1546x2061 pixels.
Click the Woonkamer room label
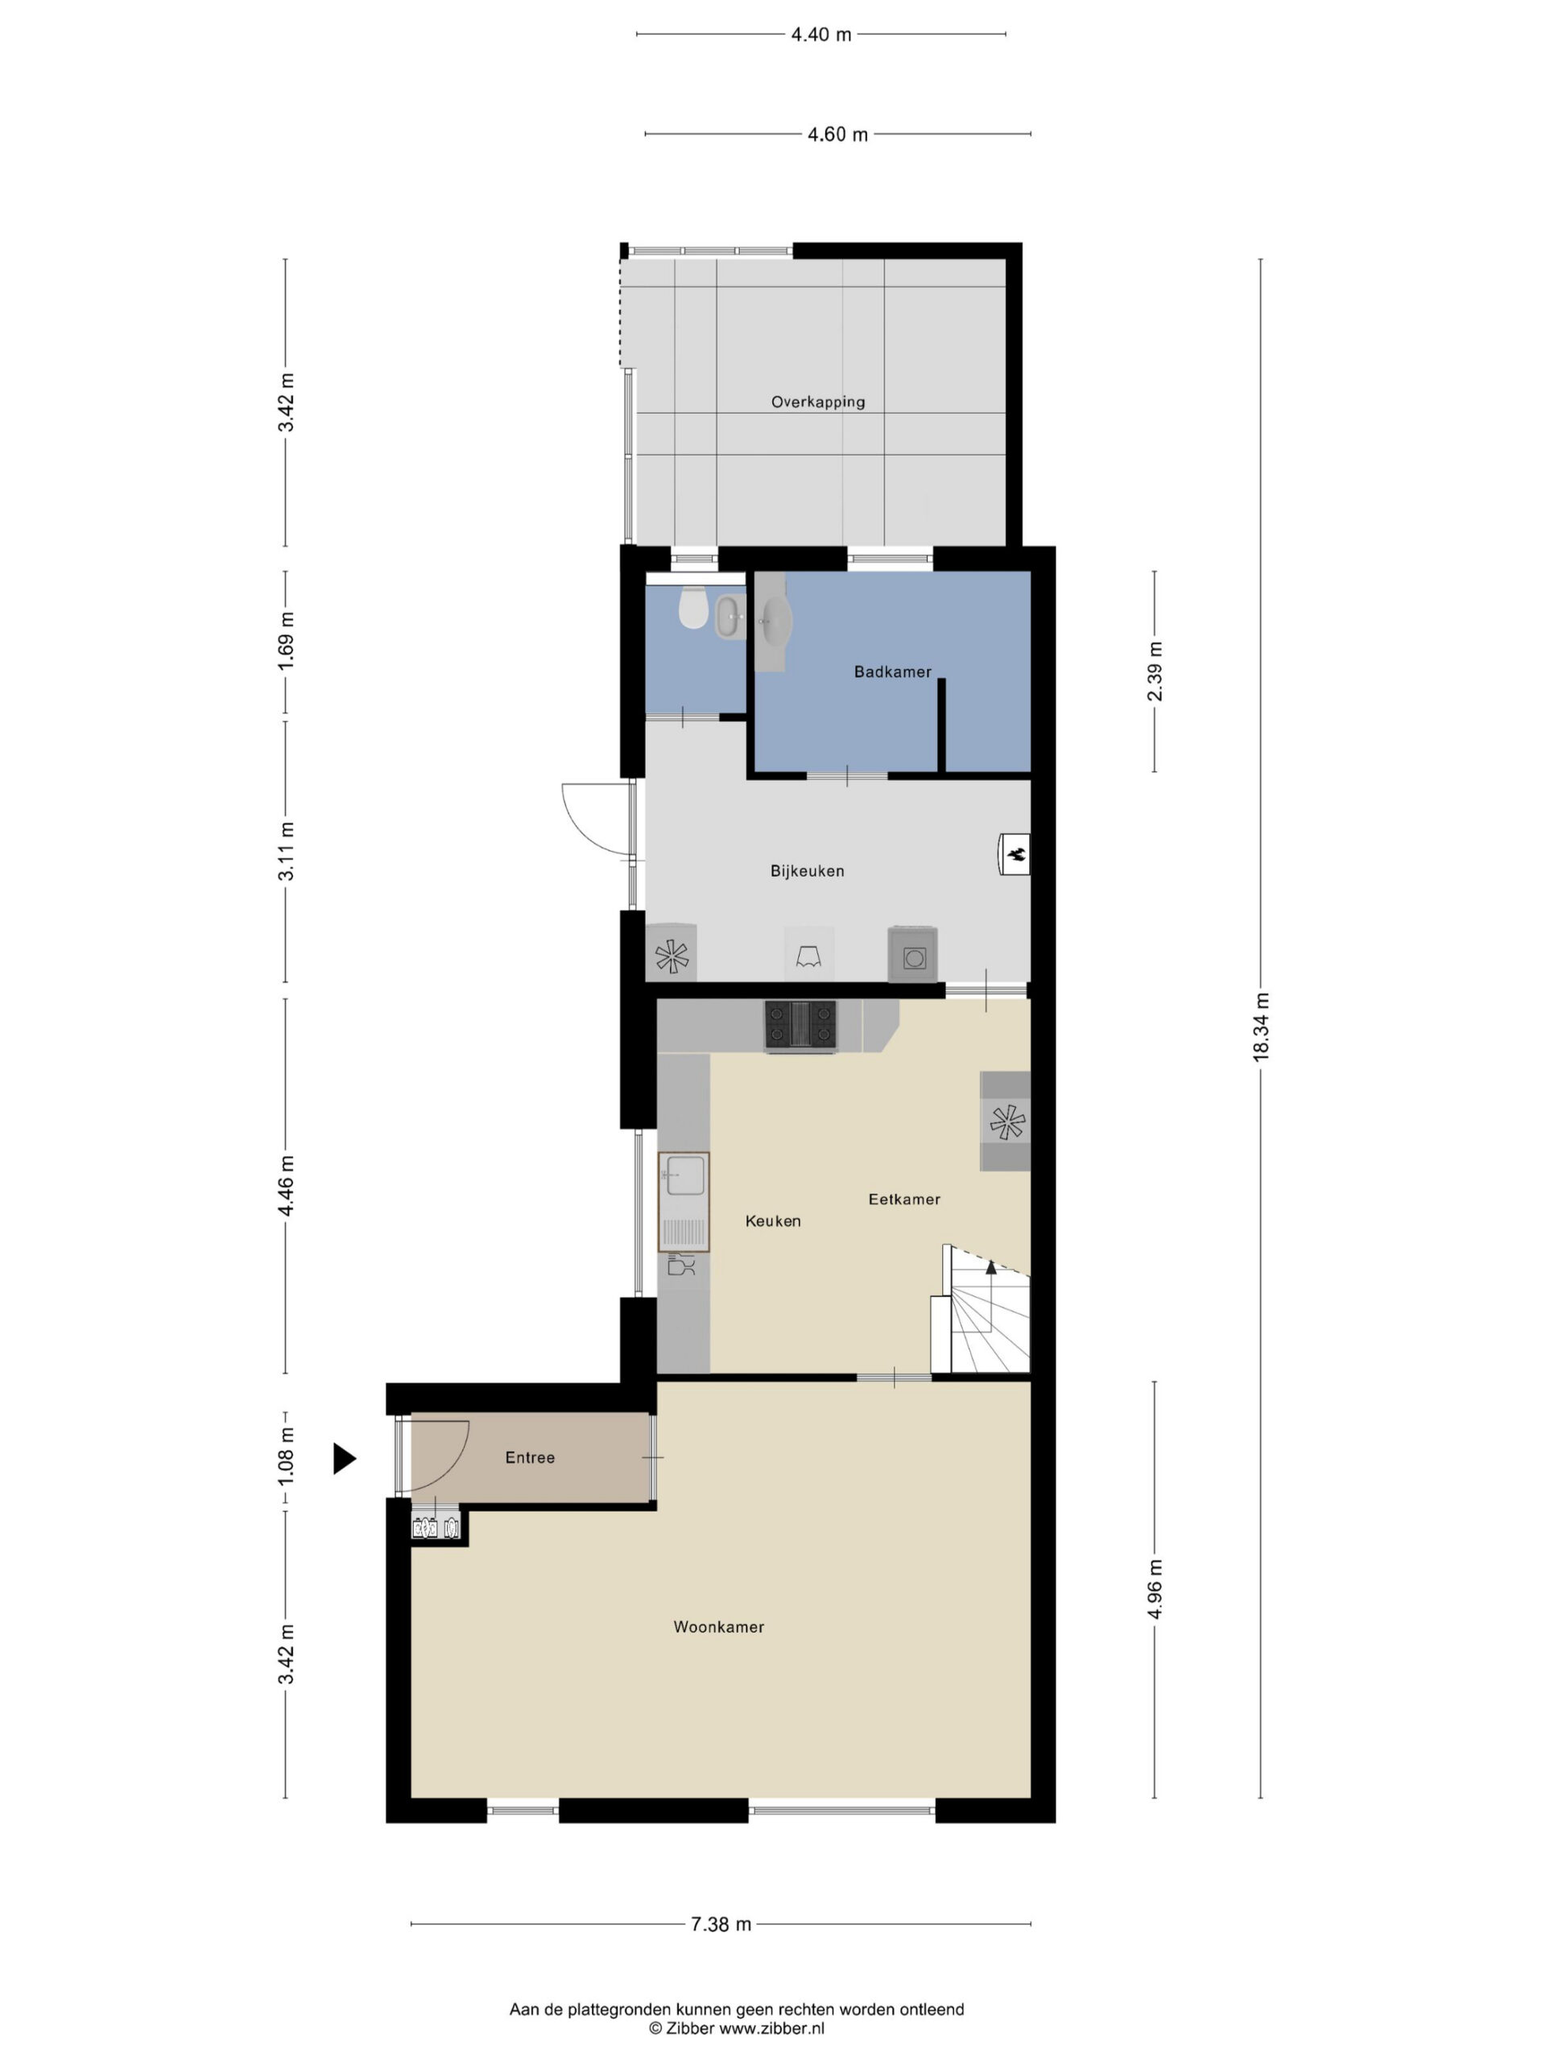[718, 1627]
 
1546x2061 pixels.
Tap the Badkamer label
[893, 671]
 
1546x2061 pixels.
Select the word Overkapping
[818, 403]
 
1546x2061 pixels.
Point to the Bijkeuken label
[807, 871]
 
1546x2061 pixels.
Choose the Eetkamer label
[904, 1199]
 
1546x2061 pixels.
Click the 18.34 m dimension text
[1261, 1026]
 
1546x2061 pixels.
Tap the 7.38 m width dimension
[721, 1924]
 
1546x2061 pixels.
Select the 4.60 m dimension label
[837, 134]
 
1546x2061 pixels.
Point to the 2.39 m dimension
[1155, 671]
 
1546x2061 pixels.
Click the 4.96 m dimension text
[1155, 1588]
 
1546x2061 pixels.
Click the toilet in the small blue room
[692, 608]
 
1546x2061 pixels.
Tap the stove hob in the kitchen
[800, 1026]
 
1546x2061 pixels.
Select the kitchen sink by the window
[684, 1201]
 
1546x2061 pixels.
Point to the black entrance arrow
[345, 1458]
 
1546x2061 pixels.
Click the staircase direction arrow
[990, 1267]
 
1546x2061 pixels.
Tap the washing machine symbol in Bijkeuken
[913, 954]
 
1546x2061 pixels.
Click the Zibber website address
[771, 2027]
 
